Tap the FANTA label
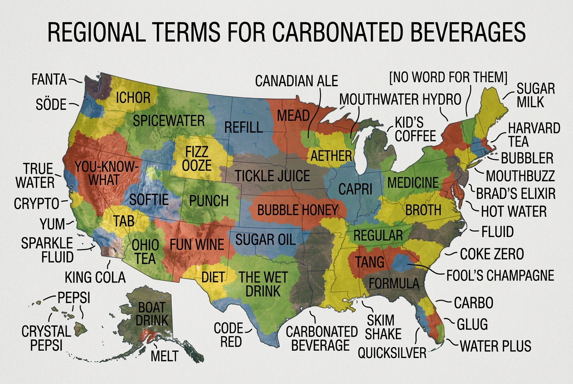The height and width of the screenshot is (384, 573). tap(49, 80)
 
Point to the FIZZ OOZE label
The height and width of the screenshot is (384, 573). tap(196, 158)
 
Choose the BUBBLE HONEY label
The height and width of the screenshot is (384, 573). tap(298, 210)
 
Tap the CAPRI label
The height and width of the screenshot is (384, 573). tap(356, 189)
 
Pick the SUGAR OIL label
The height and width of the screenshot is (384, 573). tap(265, 238)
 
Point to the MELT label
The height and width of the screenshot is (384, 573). tap(164, 356)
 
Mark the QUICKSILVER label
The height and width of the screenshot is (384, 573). tap(392, 353)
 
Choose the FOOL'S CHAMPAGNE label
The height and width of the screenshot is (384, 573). tap(500, 275)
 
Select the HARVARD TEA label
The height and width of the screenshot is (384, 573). tap(534, 134)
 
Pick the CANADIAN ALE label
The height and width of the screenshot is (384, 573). tap(296, 81)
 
